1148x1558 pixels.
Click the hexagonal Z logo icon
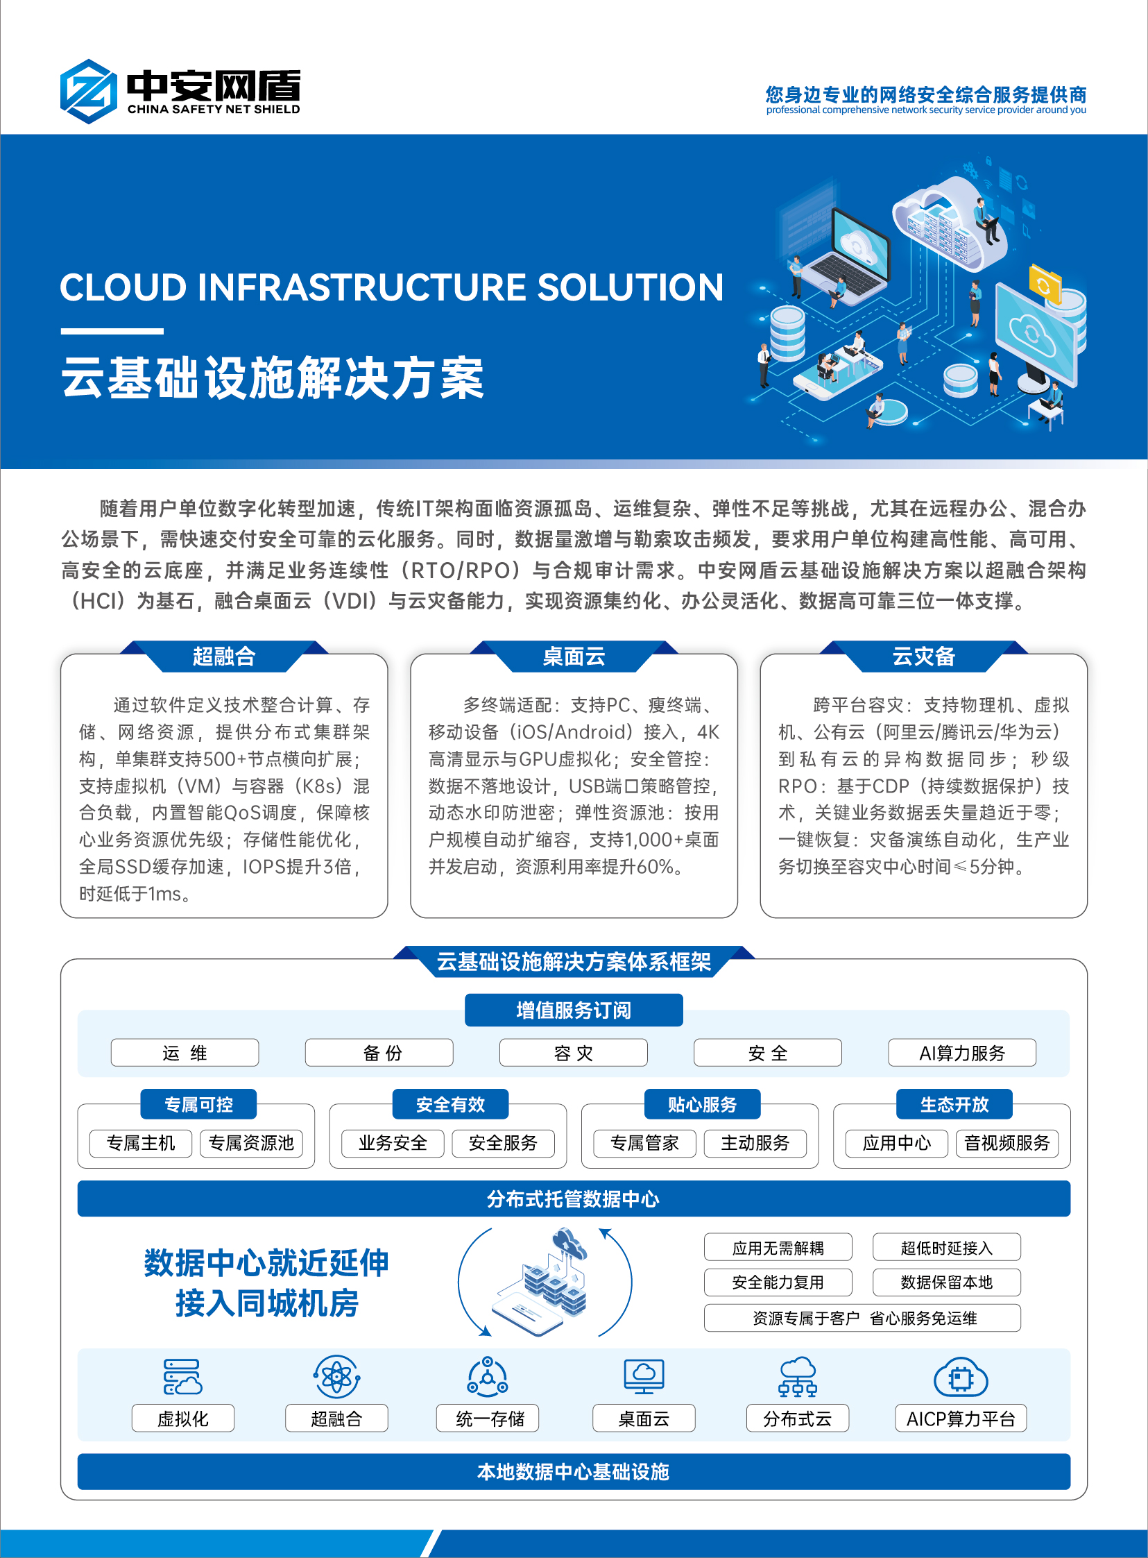tap(88, 92)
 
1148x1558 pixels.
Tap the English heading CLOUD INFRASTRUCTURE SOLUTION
tap(392, 287)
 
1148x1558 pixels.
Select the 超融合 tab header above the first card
tap(224, 657)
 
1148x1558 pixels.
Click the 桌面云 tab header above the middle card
tap(574, 657)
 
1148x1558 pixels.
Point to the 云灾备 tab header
tap(923, 657)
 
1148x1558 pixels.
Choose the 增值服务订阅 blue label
tap(574, 1010)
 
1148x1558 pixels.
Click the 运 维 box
tap(185, 1053)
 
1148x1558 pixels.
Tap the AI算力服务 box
tap(962, 1053)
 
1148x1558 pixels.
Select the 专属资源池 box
tap(252, 1143)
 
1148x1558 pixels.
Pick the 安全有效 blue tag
tap(450, 1104)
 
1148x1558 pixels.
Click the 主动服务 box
tap(755, 1143)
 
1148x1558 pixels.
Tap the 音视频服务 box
tap(1007, 1143)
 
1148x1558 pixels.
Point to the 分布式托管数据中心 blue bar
tap(574, 1199)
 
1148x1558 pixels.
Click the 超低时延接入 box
tap(946, 1247)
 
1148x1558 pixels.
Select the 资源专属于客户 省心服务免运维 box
tap(862, 1318)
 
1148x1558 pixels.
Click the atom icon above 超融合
tap(336, 1376)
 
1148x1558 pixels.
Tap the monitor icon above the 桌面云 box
tap(644, 1376)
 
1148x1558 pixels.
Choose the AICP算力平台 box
tap(961, 1419)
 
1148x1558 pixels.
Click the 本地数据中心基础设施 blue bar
tap(574, 1472)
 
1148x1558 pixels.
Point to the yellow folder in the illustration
tap(1045, 285)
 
